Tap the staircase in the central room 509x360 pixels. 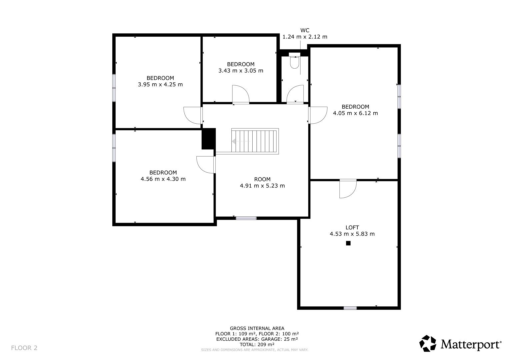click(254, 141)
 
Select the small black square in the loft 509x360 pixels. click(348, 243)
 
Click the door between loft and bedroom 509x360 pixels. click(348, 189)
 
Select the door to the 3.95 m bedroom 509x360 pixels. click(193, 115)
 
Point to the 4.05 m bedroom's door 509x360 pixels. click(318, 115)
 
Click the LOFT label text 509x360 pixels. click(352, 228)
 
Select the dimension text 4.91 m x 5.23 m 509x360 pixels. click(262, 186)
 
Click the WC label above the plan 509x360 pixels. click(305, 30)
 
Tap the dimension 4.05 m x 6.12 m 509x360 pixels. click(355, 113)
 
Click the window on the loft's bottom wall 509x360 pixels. click(350, 308)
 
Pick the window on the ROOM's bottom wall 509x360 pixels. click(246, 218)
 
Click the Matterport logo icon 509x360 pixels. click(428, 343)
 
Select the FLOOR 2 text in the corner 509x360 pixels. click(24, 348)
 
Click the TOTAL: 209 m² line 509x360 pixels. click(257, 344)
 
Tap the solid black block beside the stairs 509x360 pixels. click(209, 139)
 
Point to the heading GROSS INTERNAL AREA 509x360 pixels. click(257, 328)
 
